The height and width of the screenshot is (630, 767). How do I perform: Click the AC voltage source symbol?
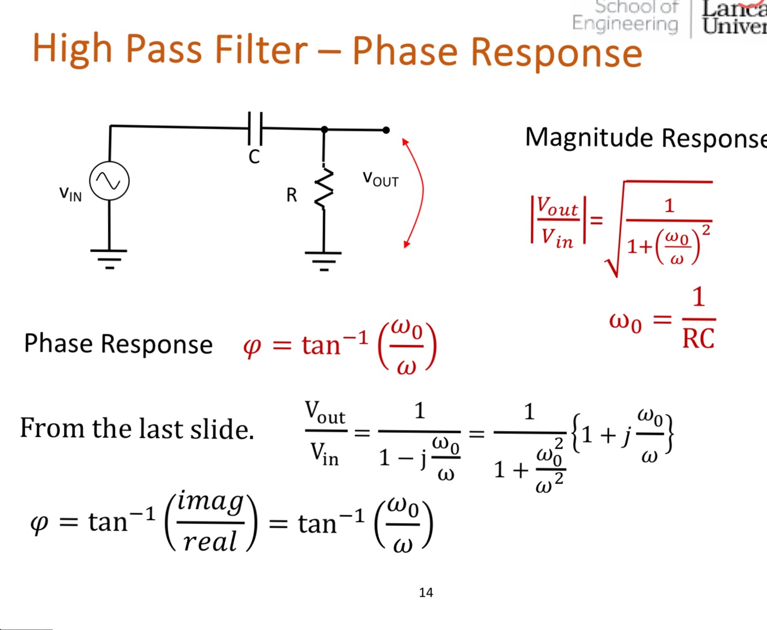coord(109,181)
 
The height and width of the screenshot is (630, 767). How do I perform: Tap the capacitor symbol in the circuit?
coord(255,128)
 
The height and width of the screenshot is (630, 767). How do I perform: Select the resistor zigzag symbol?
coord(324,189)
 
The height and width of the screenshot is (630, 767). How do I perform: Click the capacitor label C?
coord(254,157)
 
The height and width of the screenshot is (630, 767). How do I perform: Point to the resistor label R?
coord(292,195)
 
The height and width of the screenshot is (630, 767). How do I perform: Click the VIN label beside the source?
coord(70,194)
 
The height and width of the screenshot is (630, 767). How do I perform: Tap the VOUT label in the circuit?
coord(380,179)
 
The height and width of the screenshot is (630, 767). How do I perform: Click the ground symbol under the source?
coord(109,258)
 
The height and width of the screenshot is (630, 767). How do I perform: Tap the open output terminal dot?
coord(386,130)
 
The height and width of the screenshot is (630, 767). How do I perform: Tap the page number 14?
coord(426,593)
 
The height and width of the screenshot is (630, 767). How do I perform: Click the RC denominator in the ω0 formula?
coord(698,339)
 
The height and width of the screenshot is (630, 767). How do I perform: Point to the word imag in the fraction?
coord(210,502)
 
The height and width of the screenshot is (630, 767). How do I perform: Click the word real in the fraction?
coord(210,541)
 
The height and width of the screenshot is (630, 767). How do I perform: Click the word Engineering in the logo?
coord(625,24)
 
